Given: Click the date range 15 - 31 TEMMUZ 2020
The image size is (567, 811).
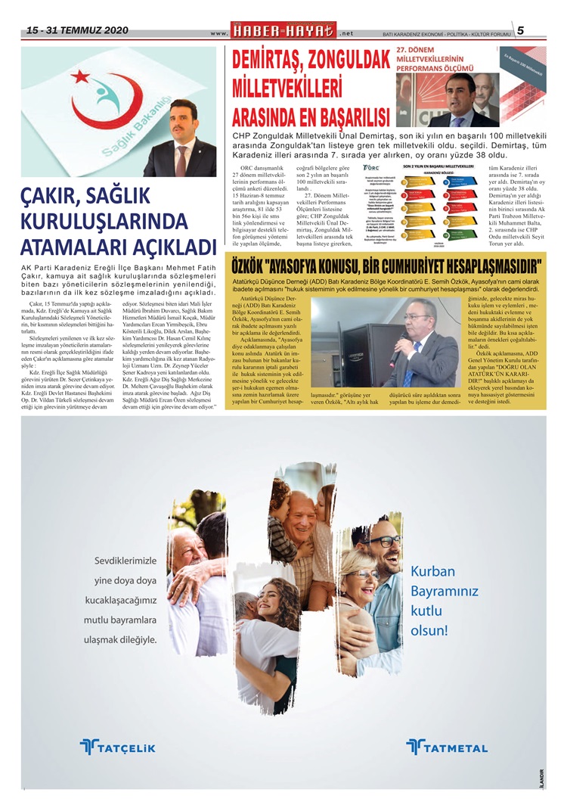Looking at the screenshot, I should click(x=77, y=31).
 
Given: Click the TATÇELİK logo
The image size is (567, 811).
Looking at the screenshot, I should click(x=118, y=747).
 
